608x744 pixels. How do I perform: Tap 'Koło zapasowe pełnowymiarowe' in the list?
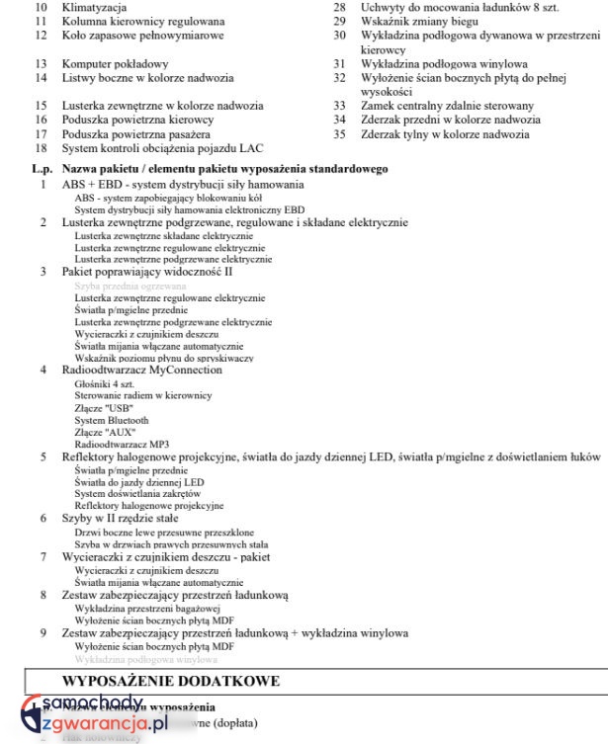coord(142,35)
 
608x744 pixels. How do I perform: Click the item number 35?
coord(339,133)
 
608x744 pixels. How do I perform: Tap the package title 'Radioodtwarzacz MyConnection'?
coord(141,370)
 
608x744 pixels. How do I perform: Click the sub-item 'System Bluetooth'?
coord(111,420)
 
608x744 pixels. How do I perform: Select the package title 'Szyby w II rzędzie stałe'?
coord(120,518)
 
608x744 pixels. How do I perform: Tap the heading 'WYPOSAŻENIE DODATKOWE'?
coord(171,681)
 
